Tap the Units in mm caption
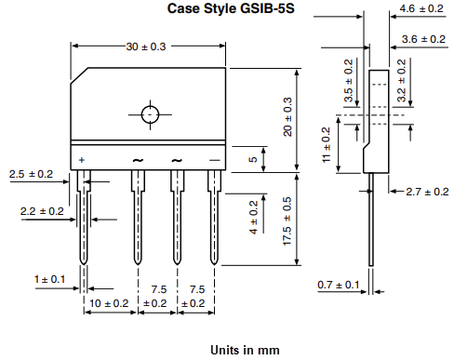point(245,350)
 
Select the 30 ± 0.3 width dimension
point(148,47)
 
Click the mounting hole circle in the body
point(150,114)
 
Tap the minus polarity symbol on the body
point(215,160)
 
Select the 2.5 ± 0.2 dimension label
point(31,174)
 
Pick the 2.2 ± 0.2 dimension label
point(42,212)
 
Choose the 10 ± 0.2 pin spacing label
point(109,303)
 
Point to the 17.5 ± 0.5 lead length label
point(287,220)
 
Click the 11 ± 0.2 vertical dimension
point(325,145)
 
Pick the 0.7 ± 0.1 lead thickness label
point(337,283)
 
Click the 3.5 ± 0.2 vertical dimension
point(349,81)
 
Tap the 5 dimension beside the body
point(252,159)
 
